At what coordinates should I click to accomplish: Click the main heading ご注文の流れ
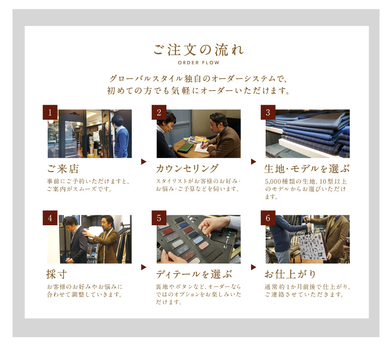click(198, 50)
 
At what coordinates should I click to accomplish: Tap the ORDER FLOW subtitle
click(199, 63)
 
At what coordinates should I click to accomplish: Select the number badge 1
click(50, 112)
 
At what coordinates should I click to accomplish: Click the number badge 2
click(159, 112)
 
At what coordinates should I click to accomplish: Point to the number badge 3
click(268, 112)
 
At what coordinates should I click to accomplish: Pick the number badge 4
click(50, 218)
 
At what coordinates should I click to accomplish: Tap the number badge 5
click(159, 218)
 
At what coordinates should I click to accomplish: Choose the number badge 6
click(268, 218)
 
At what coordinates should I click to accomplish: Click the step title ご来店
click(63, 169)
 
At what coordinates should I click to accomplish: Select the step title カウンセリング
click(187, 169)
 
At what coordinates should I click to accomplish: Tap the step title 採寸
click(57, 274)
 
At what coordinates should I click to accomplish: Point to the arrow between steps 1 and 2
click(143, 161)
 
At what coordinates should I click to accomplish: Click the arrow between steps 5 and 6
click(254, 267)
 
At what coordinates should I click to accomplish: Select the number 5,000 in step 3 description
click(273, 181)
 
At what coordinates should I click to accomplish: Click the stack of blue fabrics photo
click(308, 134)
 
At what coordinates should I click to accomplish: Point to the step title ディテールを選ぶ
click(194, 274)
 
